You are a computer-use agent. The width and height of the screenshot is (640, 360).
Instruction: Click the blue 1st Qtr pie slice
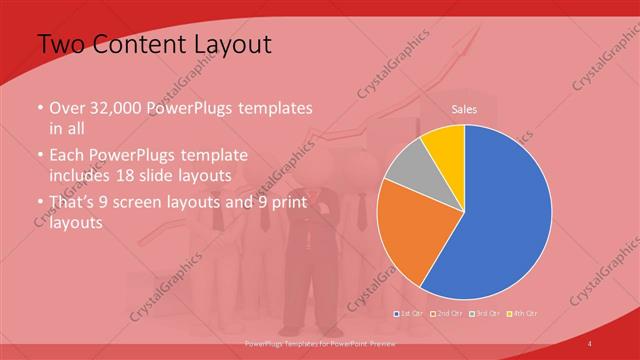coord(500,220)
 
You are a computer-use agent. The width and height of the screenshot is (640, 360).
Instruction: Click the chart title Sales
coord(464,108)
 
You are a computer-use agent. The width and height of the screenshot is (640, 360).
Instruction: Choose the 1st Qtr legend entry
coord(411,315)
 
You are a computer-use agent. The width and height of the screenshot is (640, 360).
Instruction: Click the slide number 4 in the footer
coord(590,344)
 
